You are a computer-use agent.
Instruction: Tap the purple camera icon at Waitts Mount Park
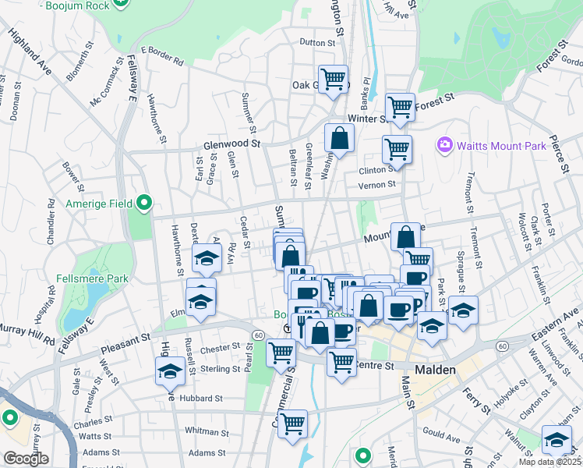[x=445, y=144]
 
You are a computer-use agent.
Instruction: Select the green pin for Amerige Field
[x=144, y=204]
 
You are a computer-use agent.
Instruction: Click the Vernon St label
[x=377, y=186]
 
